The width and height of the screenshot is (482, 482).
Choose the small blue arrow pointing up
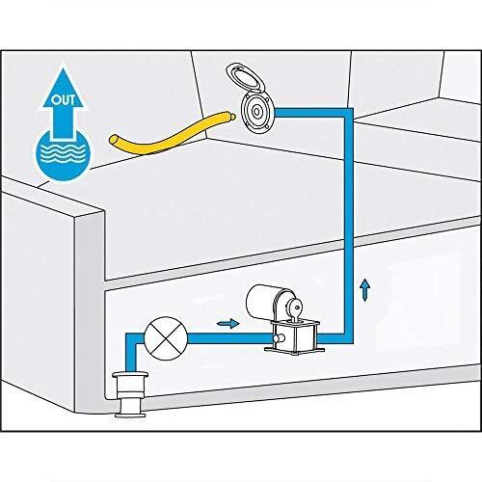pyautogui.click(x=364, y=289)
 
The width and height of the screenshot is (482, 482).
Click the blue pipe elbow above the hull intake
pyautogui.click(x=126, y=338)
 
